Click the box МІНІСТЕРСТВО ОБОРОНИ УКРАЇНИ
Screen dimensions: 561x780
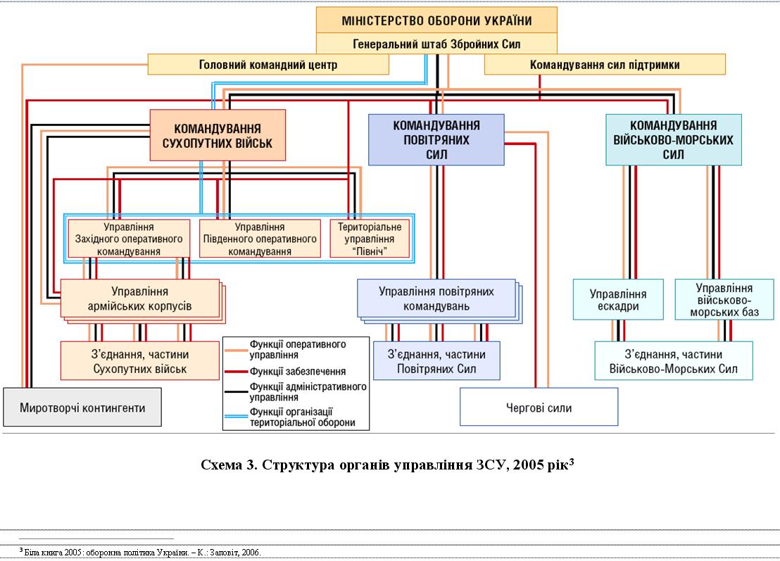[x=436, y=20]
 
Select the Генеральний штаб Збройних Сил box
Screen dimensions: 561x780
[x=436, y=44]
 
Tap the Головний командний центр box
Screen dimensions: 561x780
[x=268, y=65]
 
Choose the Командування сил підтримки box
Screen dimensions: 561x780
[x=604, y=65]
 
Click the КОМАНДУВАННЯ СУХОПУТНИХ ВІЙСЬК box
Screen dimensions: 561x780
[x=218, y=136]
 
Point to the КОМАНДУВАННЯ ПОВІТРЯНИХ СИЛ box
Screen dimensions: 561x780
[x=436, y=139]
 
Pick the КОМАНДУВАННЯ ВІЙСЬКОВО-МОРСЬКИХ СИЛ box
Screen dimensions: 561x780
[x=674, y=139]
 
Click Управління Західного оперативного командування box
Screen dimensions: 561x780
[x=129, y=239]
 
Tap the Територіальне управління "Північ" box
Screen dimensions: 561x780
[x=369, y=239]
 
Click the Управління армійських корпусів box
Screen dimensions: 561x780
[x=140, y=298]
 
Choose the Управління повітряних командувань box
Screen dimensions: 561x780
[x=436, y=298]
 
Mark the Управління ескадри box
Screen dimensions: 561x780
[x=618, y=300]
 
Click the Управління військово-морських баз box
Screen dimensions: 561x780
[x=724, y=300]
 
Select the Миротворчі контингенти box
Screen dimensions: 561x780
[x=82, y=408]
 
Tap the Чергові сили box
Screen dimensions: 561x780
[x=539, y=408]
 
